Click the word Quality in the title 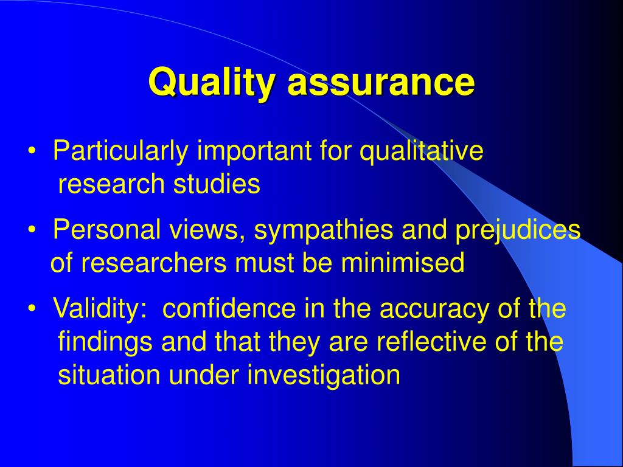point(211,82)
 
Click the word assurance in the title point(381,83)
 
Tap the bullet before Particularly point(32,151)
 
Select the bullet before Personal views point(32,230)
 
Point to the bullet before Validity point(32,308)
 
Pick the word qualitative point(422,151)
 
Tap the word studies point(217,184)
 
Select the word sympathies point(324,230)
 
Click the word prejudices point(518,230)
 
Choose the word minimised point(403,263)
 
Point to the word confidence point(229,308)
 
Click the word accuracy point(434,310)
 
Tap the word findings point(105,342)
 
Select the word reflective point(431,341)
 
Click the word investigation point(324,375)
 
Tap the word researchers point(154,263)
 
